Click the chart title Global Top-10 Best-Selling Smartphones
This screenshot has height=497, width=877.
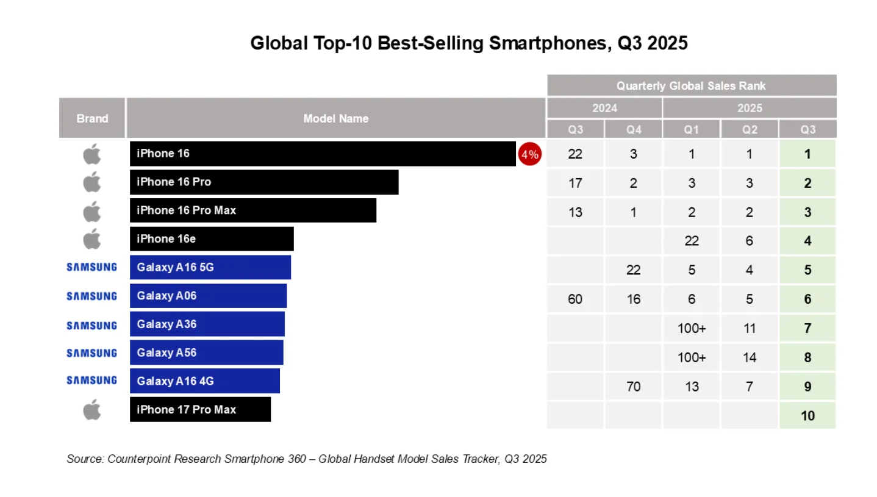tap(469, 43)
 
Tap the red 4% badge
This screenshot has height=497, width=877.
tap(529, 154)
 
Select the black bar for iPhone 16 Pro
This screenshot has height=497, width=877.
tap(264, 182)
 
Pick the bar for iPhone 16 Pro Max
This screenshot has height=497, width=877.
tap(252, 210)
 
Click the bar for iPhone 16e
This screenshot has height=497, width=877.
tap(212, 239)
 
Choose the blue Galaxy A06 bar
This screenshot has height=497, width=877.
tap(208, 296)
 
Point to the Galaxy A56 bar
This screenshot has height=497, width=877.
tap(206, 352)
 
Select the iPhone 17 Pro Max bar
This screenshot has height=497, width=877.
tap(200, 409)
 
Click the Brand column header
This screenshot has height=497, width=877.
tap(92, 118)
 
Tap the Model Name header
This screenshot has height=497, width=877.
tap(335, 118)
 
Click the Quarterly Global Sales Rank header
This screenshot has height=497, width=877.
tap(691, 85)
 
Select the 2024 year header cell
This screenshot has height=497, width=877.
tap(604, 108)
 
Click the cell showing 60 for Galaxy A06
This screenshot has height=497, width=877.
tap(575, 299)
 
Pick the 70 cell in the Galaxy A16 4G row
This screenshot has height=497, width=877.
tap(633, 386)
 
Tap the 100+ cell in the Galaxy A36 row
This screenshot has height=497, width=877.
tap(691, 328)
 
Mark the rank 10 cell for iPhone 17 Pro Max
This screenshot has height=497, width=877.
tap(807, 416)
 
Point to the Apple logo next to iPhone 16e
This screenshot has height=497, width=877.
tap(91, 239)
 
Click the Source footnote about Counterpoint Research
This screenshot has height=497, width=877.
tap(307, 459)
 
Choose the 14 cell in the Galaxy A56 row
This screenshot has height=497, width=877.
tap(749, 357)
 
